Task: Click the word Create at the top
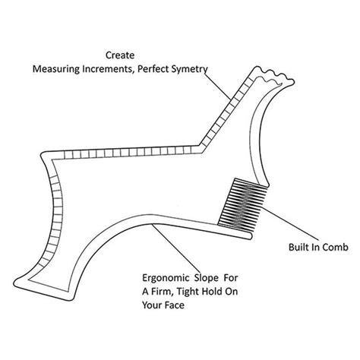[x=120, y=55]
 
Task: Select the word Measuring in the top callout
[x=56, y=69]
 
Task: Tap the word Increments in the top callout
[x=108, y=69]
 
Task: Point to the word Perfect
[x=153, y=69]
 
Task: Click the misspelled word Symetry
[x=189, y=69]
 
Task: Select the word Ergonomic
[x=166, y=278]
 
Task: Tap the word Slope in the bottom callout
[x=207, y=278]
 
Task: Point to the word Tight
[x=188, y=292]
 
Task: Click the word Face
[x=174, y=305]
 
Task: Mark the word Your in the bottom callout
[x=152, y=305]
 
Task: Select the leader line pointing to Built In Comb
[x=291, y=223]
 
